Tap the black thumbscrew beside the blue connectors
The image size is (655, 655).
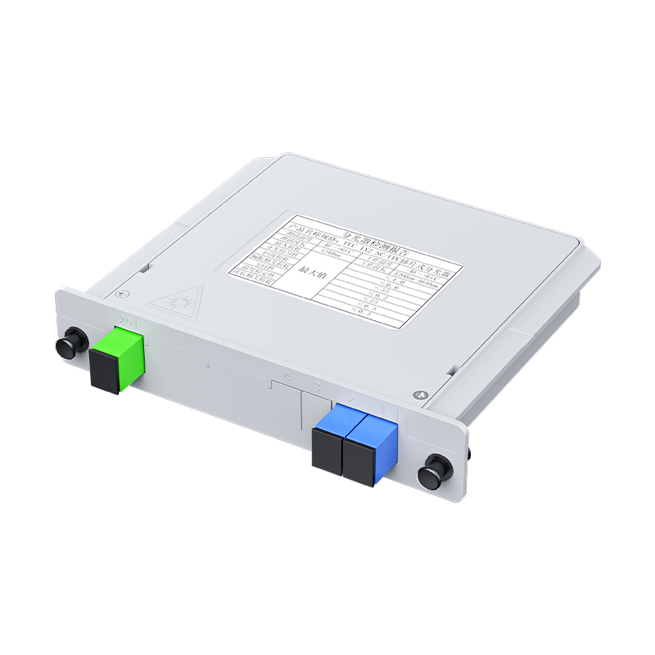pyautogui.click(x=432, y=475)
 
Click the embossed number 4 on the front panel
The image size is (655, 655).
pyautogui.click(x=288, y=379)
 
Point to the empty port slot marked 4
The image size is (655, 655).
pyautogui.click(x=284, y=405)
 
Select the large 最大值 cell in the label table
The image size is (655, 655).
pyautogui.click(x=316, y=276)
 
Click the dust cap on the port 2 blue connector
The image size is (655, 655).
pyautogui.click(x=326, y=463)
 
